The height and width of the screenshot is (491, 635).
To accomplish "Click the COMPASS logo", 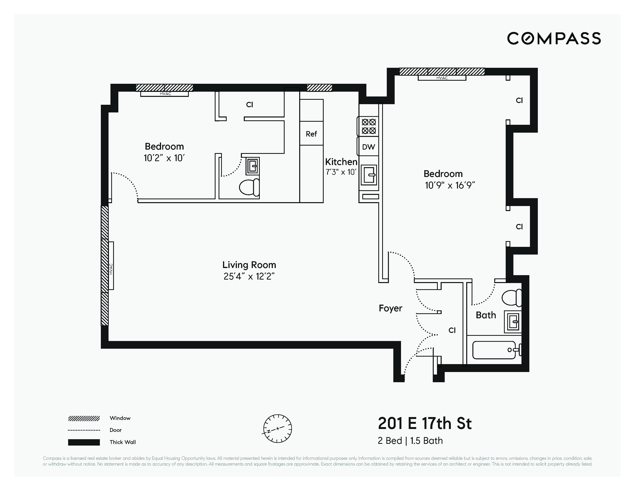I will coord(554,38).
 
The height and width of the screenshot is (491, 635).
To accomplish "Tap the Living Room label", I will coord(249,265).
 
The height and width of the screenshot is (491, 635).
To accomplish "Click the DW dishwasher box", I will coord(368,147).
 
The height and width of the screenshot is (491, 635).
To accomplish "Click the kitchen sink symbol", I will coord(369,175).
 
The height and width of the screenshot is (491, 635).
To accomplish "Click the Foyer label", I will coord(390,308).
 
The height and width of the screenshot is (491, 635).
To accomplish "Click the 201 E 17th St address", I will coord(424,424).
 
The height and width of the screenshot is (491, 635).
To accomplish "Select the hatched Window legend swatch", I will coord(84,419).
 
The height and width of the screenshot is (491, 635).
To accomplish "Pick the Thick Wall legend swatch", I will coord(84,442).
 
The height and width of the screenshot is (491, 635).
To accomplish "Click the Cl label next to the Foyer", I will coord(452,330).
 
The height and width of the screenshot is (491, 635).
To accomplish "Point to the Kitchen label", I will coord(341,162).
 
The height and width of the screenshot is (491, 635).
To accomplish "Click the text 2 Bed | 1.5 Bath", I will coord(410,441).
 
